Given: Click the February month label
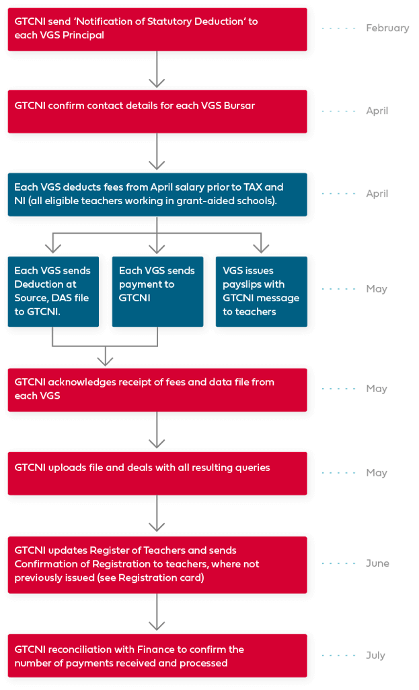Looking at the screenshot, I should click(387, 28).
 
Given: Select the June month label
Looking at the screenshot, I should click(377, 563).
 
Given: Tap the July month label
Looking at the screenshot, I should click(375, 655).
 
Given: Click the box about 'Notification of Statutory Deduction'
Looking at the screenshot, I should click(158, 29).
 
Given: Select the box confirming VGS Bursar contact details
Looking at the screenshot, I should click(158, 111).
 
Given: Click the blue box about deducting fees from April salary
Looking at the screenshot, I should click(158, 194).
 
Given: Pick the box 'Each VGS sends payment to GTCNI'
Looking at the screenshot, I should click(157, 291).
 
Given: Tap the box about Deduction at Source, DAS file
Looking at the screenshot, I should click(53, 291).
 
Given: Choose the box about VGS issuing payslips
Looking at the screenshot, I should click(261, 291).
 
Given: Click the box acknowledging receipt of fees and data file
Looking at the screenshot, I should click(158, 389).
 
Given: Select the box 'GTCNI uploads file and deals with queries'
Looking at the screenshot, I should click(158, 473).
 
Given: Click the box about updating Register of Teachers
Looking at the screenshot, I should click(158, 564).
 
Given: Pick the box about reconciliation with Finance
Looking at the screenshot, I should click(158, 656).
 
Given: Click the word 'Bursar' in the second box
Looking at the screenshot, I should click(239, 106).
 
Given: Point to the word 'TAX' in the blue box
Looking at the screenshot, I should click(254, 187).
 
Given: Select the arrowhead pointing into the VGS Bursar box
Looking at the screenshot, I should click(157, 83).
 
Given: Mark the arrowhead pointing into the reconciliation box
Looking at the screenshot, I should click(157, 626).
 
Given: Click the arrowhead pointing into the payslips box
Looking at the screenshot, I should click(261, 247).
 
